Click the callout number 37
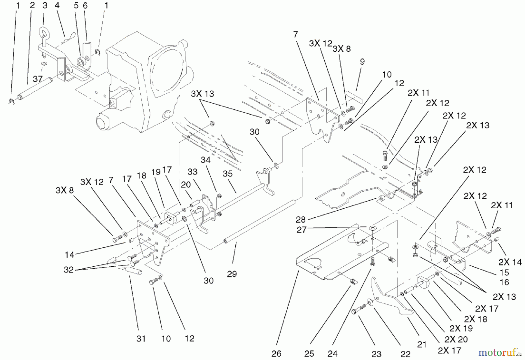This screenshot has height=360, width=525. [38, 79]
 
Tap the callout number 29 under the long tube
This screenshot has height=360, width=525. [232, 274]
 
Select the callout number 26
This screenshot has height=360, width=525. [276, 354]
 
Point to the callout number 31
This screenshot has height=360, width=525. [141, 338]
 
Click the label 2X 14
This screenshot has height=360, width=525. [510, 262]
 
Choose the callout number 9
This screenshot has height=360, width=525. [362, 62]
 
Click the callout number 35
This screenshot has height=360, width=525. [228, 174]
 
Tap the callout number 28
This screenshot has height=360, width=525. [301, 219]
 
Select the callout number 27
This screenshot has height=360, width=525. [302, 230]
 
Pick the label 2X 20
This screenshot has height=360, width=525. [456, 339]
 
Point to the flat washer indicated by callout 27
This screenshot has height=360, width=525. [372, 228]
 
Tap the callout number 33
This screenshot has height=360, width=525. [192, 172]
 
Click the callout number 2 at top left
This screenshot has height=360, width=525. [32, 5]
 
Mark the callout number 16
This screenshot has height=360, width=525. [504, 282]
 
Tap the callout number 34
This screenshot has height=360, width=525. [205, 160]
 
